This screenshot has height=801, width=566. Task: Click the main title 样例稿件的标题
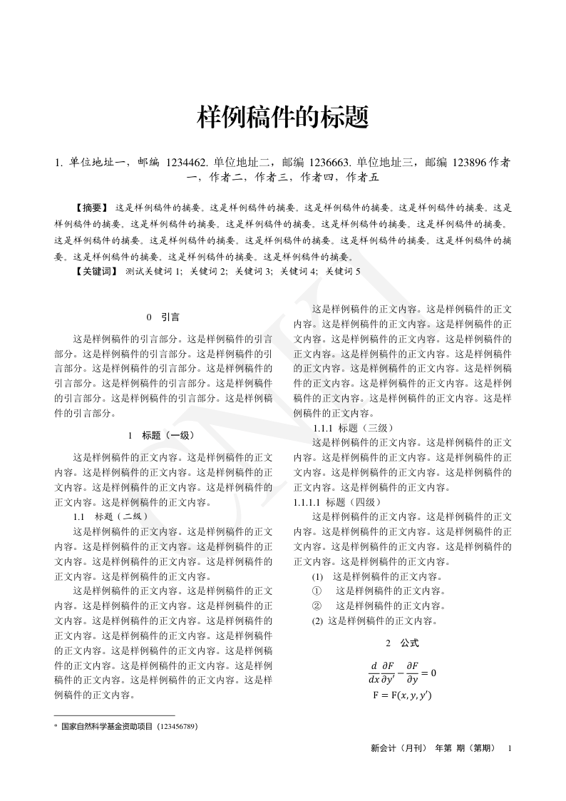tap(283, 117)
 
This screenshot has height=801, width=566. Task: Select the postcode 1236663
tap(329, 163)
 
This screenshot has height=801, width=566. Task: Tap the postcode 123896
tap(466, 163)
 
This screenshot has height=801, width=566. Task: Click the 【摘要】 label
tap(91, 208)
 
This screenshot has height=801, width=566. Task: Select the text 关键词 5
tap(343, 271)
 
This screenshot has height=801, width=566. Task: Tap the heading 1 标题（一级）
tap(163, 435)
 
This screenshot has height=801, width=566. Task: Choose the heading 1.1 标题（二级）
tap(111, 516)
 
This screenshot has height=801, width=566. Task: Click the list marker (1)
tap(318, 576)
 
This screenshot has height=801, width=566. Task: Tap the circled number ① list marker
tap(318, 591)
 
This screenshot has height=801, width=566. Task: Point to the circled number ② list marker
tap(318, 606)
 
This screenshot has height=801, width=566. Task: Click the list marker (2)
tap(318, 621)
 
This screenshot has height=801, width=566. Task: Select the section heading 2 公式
tap(402, 643)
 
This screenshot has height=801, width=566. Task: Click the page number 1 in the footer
tap(509, 748)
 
